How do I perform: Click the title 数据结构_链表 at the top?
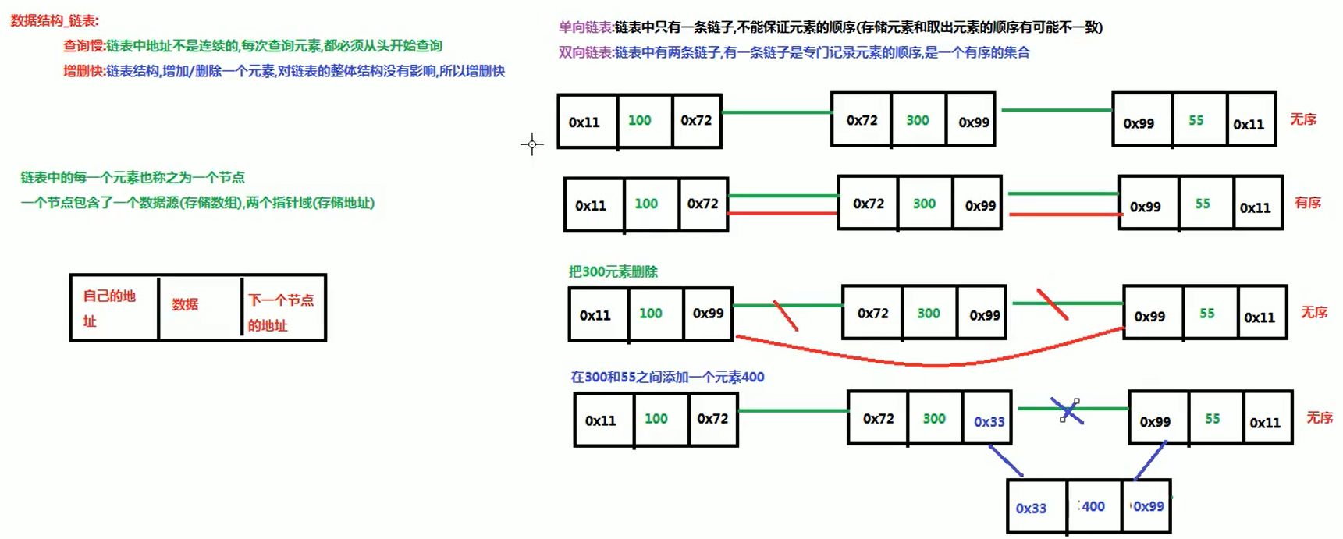[x=55, y=21]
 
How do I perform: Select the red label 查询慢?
[x=83, y=46]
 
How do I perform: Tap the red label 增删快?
[x=83, y=71]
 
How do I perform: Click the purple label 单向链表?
[x=585, y=27]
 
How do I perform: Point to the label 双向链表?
[x=585, y=52]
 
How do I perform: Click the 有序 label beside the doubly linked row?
[x=1308, y=203]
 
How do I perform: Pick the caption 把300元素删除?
[x=613, y=271]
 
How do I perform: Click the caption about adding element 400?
[x=667, y=377]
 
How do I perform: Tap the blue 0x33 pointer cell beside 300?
[x=989, y=421]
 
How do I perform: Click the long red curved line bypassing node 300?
[x=929, y=363]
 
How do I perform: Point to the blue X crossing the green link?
[x=1067, y=411]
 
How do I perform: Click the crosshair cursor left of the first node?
[x=532, y=144]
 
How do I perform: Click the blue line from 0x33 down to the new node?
[x=1006, y=461]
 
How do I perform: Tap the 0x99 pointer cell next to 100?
[x=708, y=313]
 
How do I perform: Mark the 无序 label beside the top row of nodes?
[x=1303, y=119]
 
